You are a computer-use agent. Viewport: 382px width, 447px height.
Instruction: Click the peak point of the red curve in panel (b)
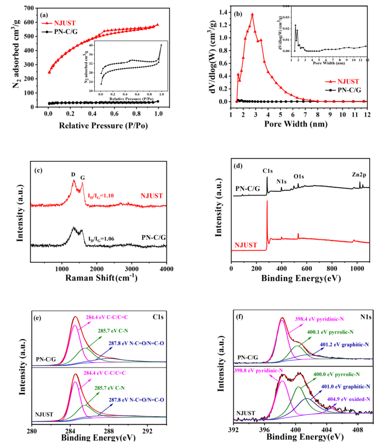click(252, 14)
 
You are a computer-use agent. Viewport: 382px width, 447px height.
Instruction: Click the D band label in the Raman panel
click(73, 175)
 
